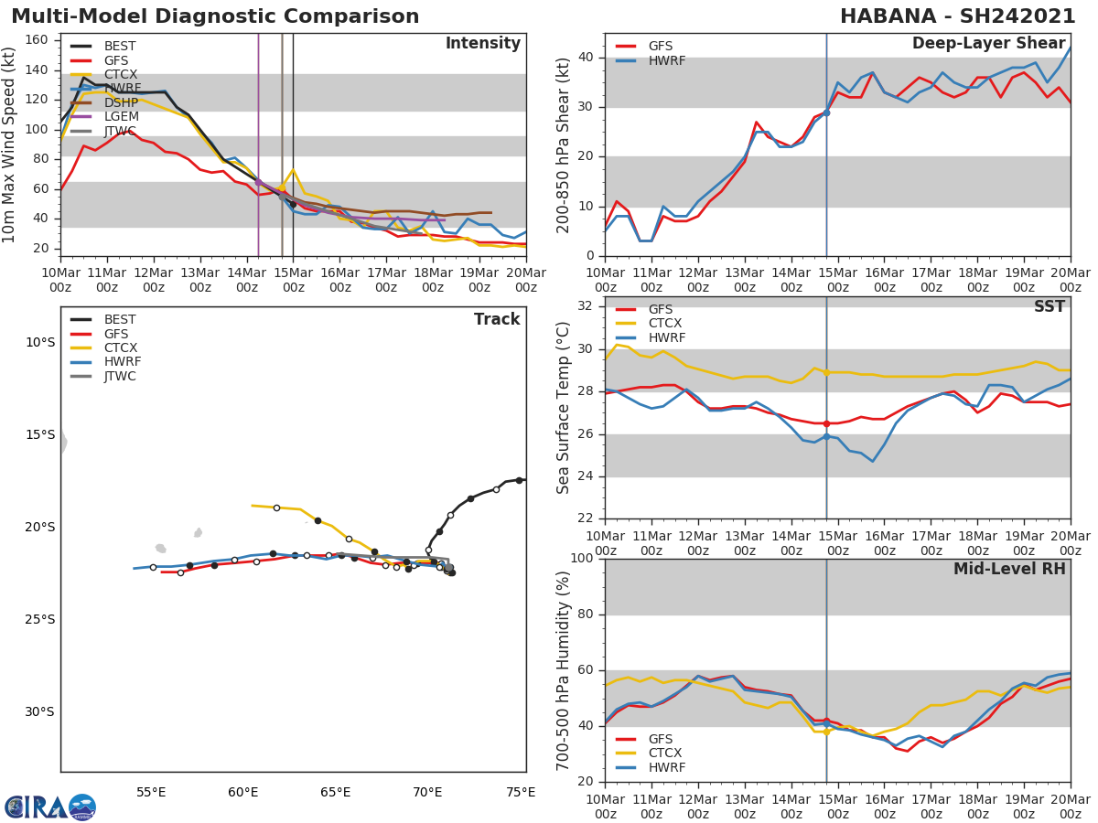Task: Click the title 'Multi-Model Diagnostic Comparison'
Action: coord(215,16)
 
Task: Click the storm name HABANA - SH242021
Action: coord(957,16)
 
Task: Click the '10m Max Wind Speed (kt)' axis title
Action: coord(10,144)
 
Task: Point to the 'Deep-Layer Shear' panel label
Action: coord(988,44)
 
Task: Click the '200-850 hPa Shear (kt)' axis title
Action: coord(565,144)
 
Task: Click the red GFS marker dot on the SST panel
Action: coord(826,423)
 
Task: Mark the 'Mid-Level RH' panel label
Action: coord(1009,570)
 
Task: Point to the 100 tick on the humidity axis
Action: coord(582,559)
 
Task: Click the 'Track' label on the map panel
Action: coord(497,319)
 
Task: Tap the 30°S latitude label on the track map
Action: coord(39,711)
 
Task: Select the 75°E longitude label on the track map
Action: coord(521,792)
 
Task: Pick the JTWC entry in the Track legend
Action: coord(120,376)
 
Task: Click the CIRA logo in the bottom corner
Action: coord(50,807)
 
